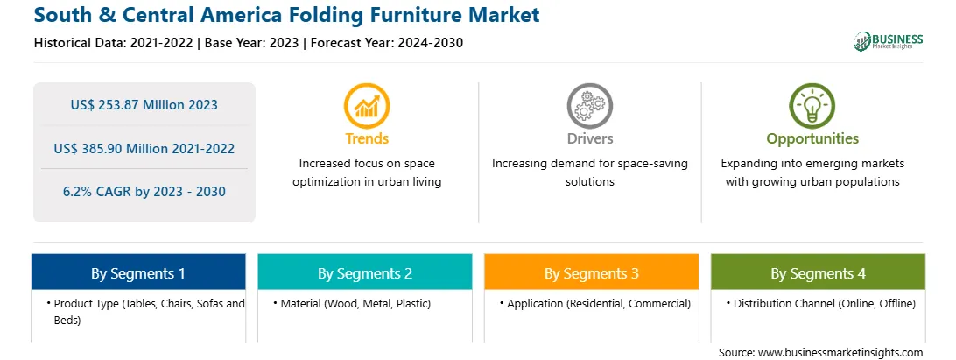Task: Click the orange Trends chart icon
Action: point(367,105)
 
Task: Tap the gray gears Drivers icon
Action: point(589,105)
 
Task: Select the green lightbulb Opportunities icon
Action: point(812,105)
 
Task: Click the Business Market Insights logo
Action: point(889,41)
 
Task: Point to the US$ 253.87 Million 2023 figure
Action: point(144,105)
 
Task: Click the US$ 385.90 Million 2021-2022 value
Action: point(144,148)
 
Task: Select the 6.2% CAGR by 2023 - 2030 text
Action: point(144,192)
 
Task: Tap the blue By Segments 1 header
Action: point(138,272)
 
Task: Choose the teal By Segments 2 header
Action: point(364,272)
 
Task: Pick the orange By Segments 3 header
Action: point(592,272)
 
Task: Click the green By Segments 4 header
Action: point(819,272)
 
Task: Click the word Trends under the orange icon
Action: point(367,138)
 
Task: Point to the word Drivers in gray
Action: point(590,138)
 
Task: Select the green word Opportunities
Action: point(812,139)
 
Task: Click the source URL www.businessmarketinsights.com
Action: point(840,353)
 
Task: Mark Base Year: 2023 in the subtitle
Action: point(251,43)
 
